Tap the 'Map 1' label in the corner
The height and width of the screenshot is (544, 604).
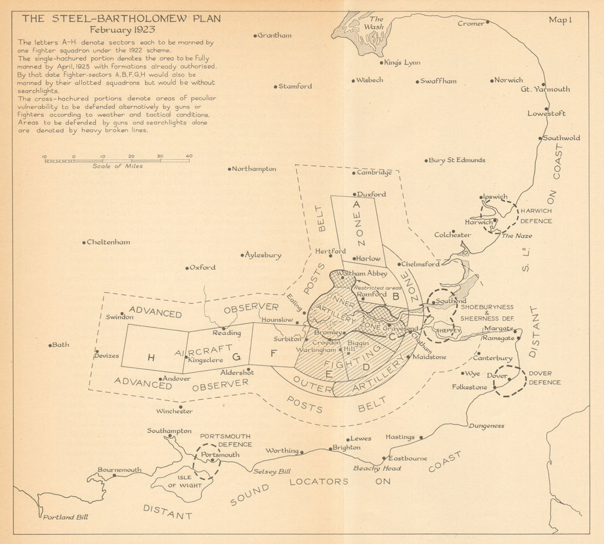(560, 20)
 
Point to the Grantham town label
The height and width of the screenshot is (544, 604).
(274, 36)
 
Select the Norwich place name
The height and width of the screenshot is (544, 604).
(509, 80)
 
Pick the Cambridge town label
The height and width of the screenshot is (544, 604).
(374, 173)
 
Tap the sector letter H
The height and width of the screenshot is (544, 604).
(151, 357)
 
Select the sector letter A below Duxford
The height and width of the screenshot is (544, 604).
(356, 205)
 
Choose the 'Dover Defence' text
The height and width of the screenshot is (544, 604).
(544, 378)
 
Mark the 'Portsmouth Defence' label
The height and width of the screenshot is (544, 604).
(225, 440)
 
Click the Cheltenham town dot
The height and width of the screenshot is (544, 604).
(83, 243)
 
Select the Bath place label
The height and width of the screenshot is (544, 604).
(61, 345)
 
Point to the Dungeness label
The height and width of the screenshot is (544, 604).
(486, 426)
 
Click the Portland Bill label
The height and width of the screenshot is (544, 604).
(65, 517)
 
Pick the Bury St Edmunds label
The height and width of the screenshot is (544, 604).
(457, 161)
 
